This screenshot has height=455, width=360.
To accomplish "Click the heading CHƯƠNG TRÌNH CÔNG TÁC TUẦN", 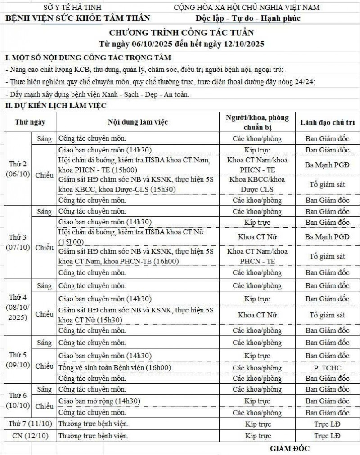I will pyautogui.click(x=182, y=32).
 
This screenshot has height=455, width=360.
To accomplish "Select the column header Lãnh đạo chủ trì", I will pyautogui.click(x=327, y=122).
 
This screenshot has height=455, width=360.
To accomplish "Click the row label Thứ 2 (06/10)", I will pyautogui.click(x=18, y=169).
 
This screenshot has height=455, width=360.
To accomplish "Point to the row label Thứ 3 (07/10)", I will pyautogui.click(x=18, y=242).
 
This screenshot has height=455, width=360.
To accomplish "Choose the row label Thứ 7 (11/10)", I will pyautogui.click(x=30, y=424).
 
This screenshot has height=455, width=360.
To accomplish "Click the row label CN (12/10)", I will pyautogui.click(x=30, y=436).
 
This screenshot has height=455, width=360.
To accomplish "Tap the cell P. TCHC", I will pyautogui.click(x=327, y=367).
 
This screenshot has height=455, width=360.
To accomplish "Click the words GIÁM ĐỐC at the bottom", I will pyautogui.click(x=290, y=448).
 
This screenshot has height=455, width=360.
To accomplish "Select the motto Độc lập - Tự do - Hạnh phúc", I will pyautogui.click(x=248, y=18).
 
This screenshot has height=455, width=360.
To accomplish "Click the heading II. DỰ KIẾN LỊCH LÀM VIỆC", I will pyautogui.click(x=55, y=106).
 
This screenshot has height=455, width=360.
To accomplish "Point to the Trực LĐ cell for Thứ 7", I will pyautogui.click(x=327, y=424).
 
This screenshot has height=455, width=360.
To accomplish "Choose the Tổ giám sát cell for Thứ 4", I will pyautogui.click(x=327, y=315).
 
